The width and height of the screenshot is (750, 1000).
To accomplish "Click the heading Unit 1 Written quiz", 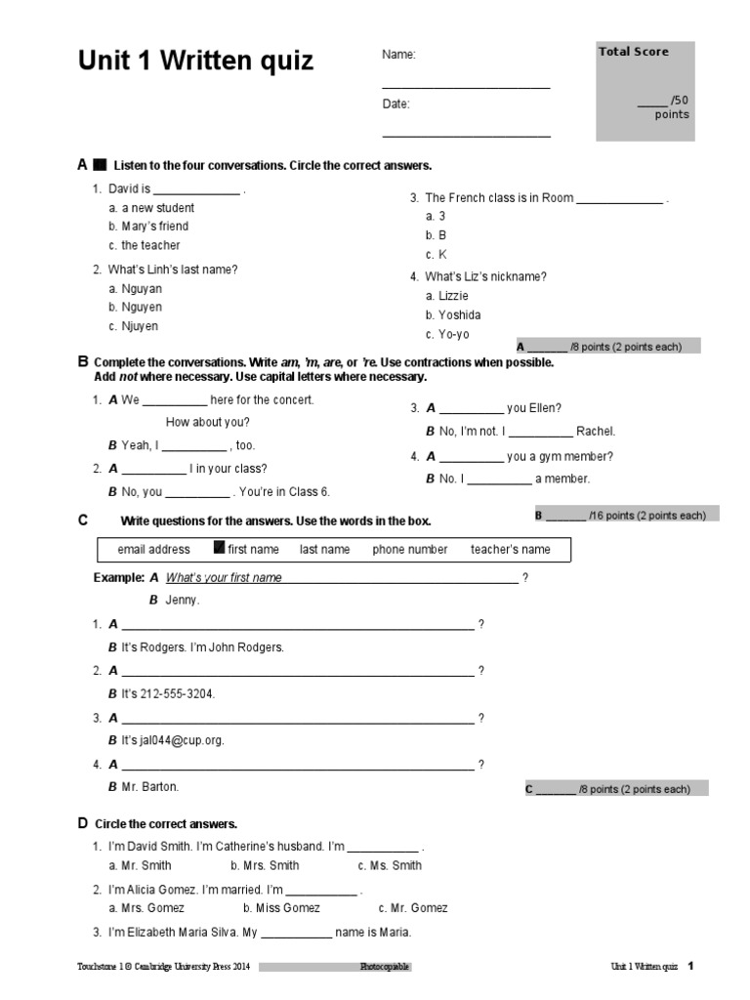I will [x=195, y=62].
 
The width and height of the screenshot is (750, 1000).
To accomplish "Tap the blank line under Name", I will [x=466, y=87].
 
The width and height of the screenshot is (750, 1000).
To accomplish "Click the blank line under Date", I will [x=466, y=136].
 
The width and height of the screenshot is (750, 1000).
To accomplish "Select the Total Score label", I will [x=633, y=52].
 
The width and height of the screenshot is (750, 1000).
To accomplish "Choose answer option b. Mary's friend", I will [x=148, y=227].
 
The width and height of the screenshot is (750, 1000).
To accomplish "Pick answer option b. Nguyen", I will [x=135, y=308].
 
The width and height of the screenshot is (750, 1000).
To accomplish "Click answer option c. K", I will [x=436, y=255].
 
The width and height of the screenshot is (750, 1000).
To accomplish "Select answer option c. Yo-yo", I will [x=447, y=334].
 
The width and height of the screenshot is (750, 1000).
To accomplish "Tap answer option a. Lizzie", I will [x=447, y=295].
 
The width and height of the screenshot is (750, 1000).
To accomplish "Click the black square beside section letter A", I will [x=100, y=165].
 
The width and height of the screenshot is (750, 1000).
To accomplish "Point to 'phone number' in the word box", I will [x=410, y=550].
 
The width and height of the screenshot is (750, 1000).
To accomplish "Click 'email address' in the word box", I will [x=153, y=550].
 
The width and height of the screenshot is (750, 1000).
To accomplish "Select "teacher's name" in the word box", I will [x=510, y=550].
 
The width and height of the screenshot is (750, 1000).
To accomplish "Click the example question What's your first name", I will [x=224, y=578].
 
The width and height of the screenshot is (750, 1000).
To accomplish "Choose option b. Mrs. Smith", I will [x=265, y=865].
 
